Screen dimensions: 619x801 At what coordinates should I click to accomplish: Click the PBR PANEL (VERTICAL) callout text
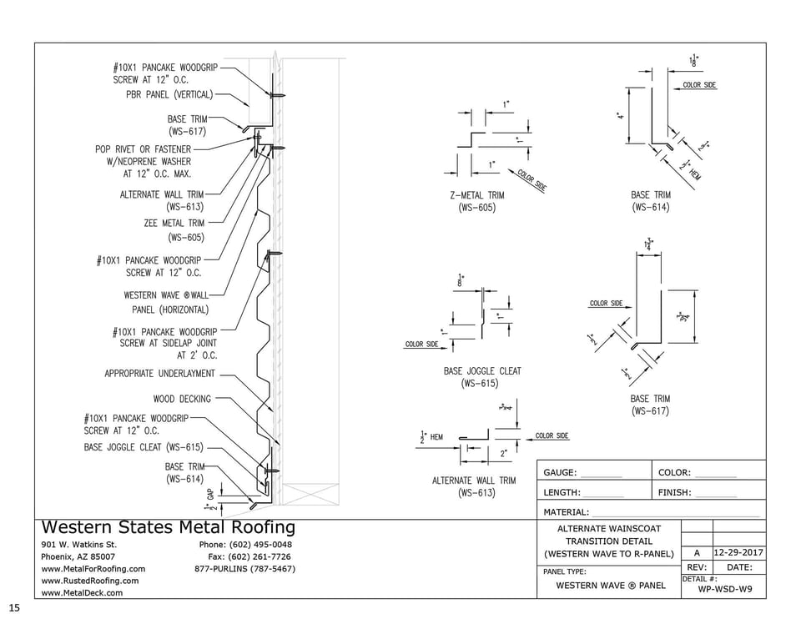pos(164,94)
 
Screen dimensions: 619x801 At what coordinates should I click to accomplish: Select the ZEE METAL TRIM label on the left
pos(174,224)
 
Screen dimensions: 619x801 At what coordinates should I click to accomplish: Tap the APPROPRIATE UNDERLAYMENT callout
pos(159,374)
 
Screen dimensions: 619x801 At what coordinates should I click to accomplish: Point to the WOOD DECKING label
pos(182,399)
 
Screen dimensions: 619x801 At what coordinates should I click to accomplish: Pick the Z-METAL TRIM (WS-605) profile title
pos(476,201)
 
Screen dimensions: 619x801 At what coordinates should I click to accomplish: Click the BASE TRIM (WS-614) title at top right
pos(651,201)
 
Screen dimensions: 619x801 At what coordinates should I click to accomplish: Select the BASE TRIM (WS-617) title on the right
pos(650,405)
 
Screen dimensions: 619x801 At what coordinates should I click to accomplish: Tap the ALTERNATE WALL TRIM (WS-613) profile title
pos(474,486)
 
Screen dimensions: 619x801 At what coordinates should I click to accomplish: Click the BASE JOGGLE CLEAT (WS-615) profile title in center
pos(481,377)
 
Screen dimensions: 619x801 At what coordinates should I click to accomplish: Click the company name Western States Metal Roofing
pos(168,527)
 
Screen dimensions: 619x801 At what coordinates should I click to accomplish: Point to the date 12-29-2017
pos(738,553)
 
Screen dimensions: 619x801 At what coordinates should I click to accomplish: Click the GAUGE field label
pos(560,473)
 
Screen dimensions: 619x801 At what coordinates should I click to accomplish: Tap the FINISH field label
pos(674,493)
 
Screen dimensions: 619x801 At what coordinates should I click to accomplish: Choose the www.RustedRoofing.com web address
pos(89,581)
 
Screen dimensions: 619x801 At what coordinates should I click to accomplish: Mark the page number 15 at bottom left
pos(13,606)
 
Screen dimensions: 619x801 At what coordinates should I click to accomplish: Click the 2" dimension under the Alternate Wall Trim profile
pos(503,454)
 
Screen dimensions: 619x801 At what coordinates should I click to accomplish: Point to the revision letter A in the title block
pos(697,553)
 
